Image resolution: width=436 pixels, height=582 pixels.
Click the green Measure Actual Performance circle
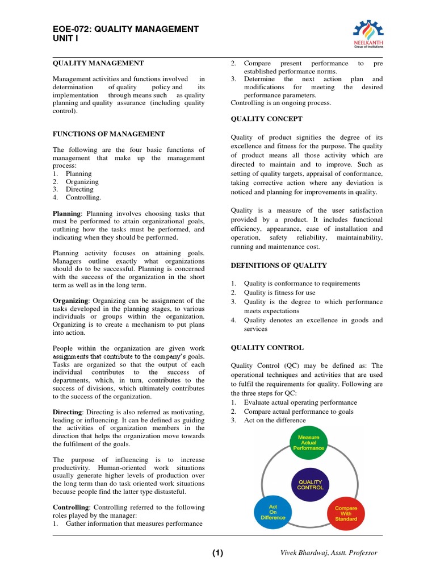(308, 443)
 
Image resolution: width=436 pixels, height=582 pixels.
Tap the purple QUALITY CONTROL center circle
(311, 484)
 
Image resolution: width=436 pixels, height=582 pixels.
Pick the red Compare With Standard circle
(346, 514)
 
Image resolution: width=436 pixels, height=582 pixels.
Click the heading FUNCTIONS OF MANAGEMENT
(108, 134)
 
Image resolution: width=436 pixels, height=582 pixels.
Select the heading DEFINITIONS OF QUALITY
(278, 265)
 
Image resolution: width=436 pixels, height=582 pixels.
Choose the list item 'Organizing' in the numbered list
(82, 182)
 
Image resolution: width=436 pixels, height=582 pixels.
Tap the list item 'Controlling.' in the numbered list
(83, 198)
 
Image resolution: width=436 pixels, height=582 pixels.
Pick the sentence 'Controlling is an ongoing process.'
(280, 103)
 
